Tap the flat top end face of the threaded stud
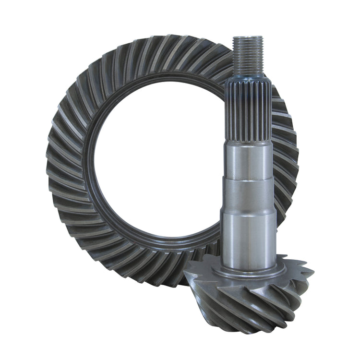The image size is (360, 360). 248,37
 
